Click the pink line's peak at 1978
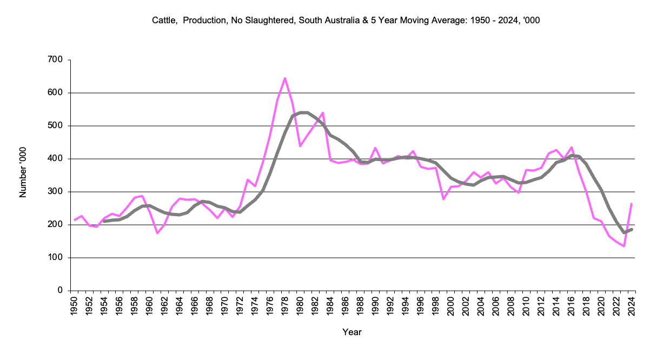pyautogui.click(x=285, y=78)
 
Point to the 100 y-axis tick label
pyautogui.click(x=56, y=257)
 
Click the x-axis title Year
pyautogui.click(x=352, y=332)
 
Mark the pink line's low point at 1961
pyautogui.click(x=157, y=233)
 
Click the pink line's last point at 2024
pyautogui.click(x=632, y=204)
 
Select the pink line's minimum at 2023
pyautogui.click(x=624, y=246)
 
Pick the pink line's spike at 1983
pyautogui.click(x=323, y=112)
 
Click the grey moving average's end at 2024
pyautogui.click(x=632, y=229)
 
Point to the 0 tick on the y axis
pyautogui.click(x=61, y=290)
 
